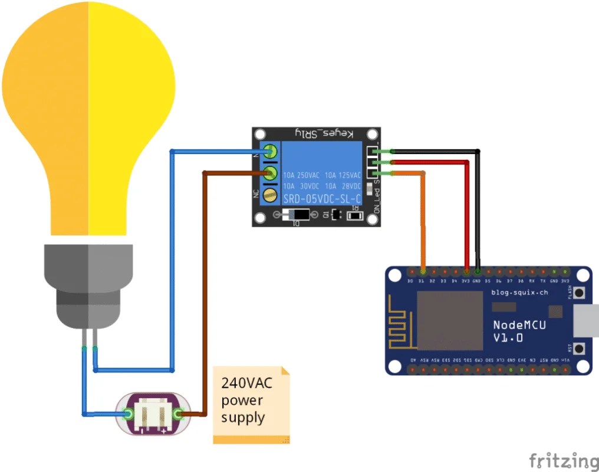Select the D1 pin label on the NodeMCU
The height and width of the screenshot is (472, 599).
(x=422, y=281)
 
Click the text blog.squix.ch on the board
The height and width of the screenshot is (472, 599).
(x=519, y=292)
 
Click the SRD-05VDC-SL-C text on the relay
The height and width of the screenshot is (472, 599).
(x=322, y=199)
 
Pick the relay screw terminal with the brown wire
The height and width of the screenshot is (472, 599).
(x=271, y=173)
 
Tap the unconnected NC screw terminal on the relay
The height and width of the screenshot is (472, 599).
(x=271, y=195)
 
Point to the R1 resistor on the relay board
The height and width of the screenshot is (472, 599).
(x=355, y=215)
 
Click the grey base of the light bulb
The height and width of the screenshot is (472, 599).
(x=88, y=283)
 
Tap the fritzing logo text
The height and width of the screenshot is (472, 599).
(x=563, y=460)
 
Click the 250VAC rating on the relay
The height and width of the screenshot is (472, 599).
(x=308, y=175)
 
